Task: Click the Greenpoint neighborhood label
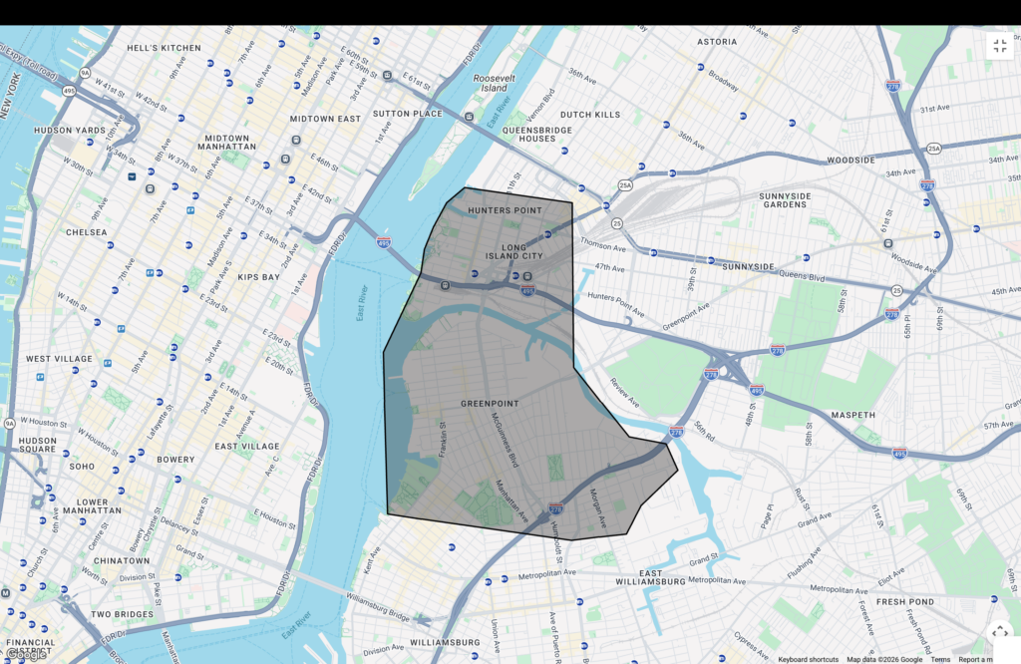click(490, 403)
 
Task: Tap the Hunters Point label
click(506, 210)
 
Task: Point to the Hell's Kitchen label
click(164, 48)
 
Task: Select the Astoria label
click(717, 42)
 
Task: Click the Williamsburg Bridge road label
click(379, 600)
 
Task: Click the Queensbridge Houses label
click(529, 134)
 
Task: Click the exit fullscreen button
click(999, 46)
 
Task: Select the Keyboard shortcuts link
click(808, 659)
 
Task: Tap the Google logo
click(26, 655)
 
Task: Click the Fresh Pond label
click(904, 602)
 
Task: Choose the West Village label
click(59, 359)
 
